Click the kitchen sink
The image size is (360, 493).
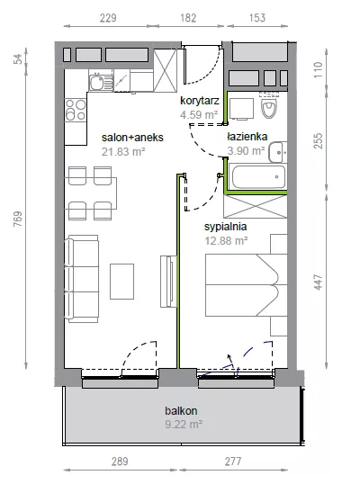pyautogui.click(x=101, y=80)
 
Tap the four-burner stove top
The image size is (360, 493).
pyautogui.click(x=76, y=110)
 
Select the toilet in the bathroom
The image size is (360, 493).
pyautogui.click(x=269, y=105)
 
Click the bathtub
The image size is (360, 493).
pyautogui.click(x=258, y=176)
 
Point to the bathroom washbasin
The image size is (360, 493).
pyautogui.click(x=278, y=152)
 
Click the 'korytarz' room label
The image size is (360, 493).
pyautogui.click(x=200, y=101)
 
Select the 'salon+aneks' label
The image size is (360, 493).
pyautogui.click(x=132, y=138)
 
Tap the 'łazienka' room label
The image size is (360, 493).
pyautogui.click(x=247, y=137)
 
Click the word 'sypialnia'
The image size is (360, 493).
pyautogui.click(x=225, y=227)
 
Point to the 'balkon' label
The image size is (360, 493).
pyautogui.click(x=181, y=410)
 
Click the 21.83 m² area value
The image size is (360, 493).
pyautogui.click(x=123, y=151)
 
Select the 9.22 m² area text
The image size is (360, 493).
pyautogui.click(x=184, y=425)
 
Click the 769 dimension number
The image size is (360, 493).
pyautogui.click(x=18, y=219)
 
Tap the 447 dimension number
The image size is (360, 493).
pyautogui.click(x=319, y=282)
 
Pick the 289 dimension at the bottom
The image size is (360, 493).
pyautogui.click(x=120, y=462)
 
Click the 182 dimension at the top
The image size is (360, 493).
pyautogui.click(x=188, y=18)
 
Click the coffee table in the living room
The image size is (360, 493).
pyautogui.click(x=122, y=282)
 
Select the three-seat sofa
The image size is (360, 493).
pyautogui.click(x=82, y=279)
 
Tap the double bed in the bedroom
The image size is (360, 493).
pyautogui.click(x=247, y=285)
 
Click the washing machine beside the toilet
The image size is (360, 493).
pyautogui.click(x=241, y=109)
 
